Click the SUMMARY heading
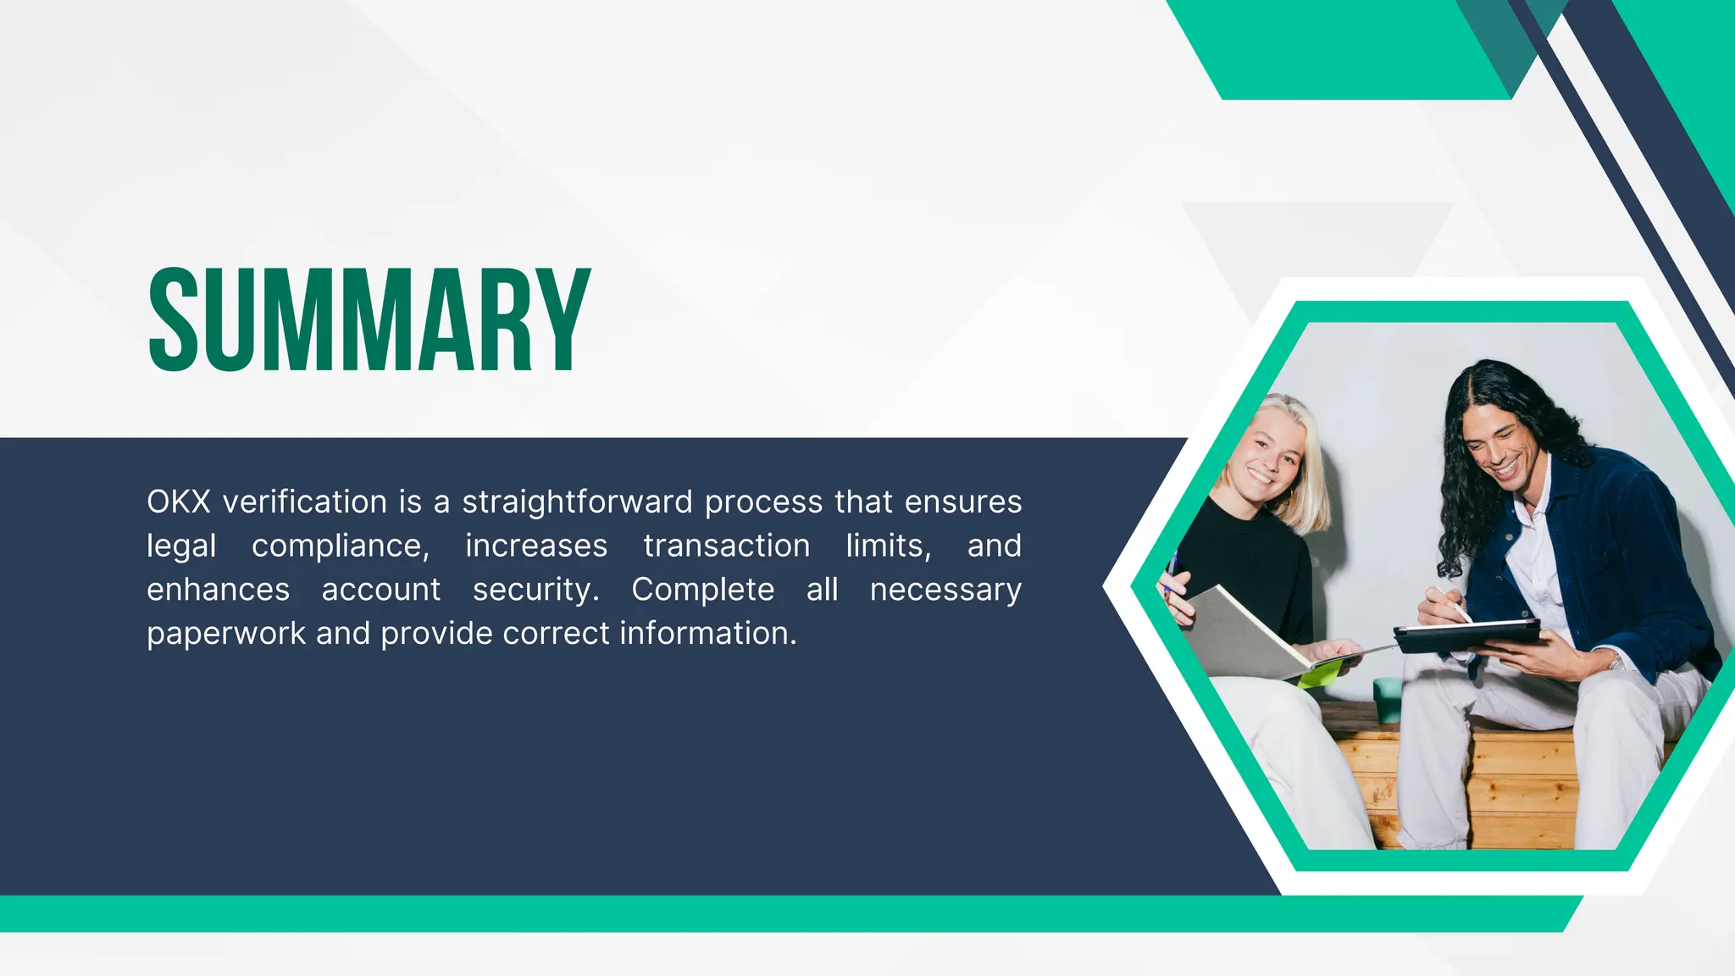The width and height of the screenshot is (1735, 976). click(x=369, y=320)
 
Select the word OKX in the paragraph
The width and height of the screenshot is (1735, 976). click(x=178, y=502)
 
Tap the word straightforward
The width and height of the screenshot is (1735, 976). click(x=577, y=502)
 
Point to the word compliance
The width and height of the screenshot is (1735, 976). click(x=340, y=546)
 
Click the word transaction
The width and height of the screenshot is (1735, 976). click(x=726, y=546)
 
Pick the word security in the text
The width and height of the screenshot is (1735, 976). click(x=535, y=590)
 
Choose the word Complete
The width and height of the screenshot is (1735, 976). click(x=702, y=590)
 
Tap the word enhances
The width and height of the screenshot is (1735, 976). click(x=218, y=590)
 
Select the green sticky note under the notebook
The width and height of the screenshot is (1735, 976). click(x=1320, y=674)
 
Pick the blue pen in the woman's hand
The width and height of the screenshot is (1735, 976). click(x=1172, y=568)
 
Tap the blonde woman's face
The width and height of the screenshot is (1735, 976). click(x=1268, y=457)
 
